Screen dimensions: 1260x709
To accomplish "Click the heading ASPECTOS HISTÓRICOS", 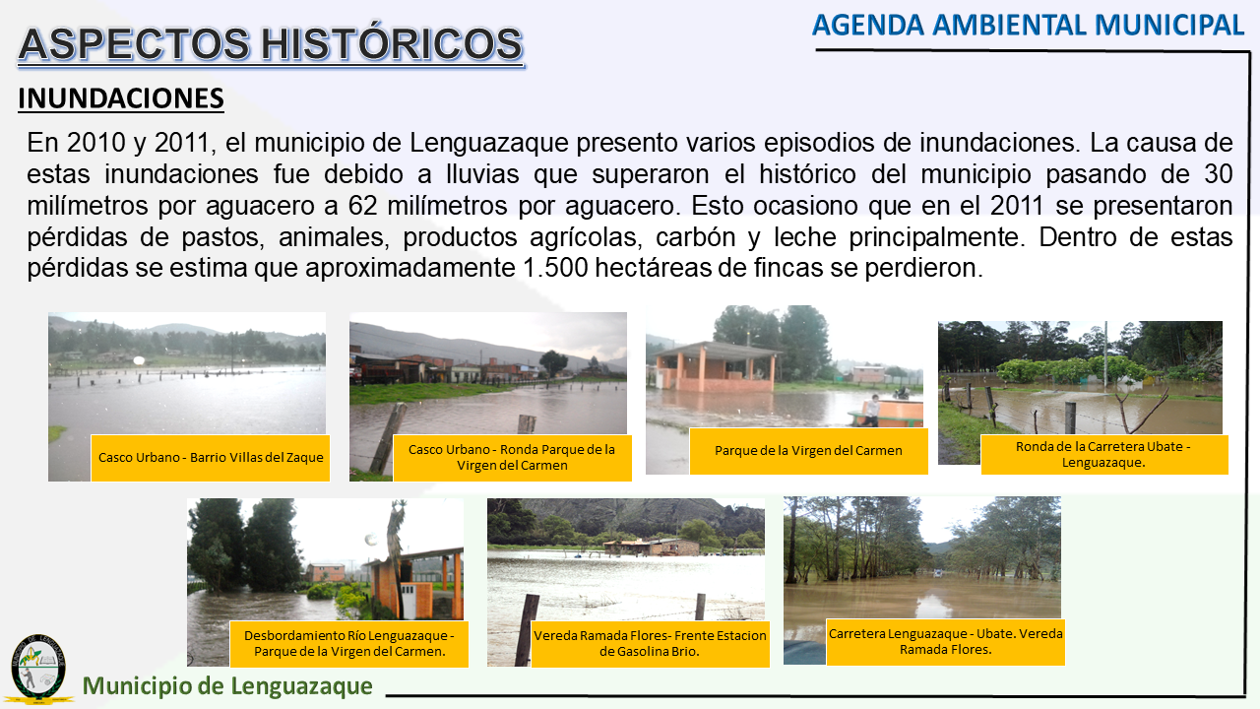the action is pos(271,44).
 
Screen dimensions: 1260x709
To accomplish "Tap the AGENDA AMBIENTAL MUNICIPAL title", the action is pos(1028,26).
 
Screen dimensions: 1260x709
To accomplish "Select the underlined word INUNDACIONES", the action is pos(121,98).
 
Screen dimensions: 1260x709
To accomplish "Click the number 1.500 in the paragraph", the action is pos(555,268).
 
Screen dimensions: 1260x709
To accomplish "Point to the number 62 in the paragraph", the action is pos(362,206).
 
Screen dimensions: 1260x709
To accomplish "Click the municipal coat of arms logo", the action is pos(38,669).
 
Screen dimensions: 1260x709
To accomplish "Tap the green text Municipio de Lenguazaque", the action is pos(227,685).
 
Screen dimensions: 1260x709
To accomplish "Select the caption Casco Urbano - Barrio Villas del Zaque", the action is pos(211,458).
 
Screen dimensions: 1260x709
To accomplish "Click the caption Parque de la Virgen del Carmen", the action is pos(808,451).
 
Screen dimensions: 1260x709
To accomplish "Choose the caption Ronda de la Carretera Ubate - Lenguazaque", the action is pos(1104,454).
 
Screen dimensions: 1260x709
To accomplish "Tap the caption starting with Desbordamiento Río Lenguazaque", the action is pos(349,643).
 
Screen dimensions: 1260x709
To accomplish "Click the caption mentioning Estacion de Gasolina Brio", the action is pos(651,643).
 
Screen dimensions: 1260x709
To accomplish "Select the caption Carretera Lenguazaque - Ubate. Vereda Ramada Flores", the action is pos(946,641).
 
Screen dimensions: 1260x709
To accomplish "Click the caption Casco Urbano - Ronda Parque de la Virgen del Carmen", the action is pos(512,458).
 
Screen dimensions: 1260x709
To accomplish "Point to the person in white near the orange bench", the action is pos(871,409).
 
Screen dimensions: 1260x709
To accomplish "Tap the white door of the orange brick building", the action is pos(409,601).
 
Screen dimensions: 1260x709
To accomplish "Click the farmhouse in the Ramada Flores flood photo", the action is pos(652,547).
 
